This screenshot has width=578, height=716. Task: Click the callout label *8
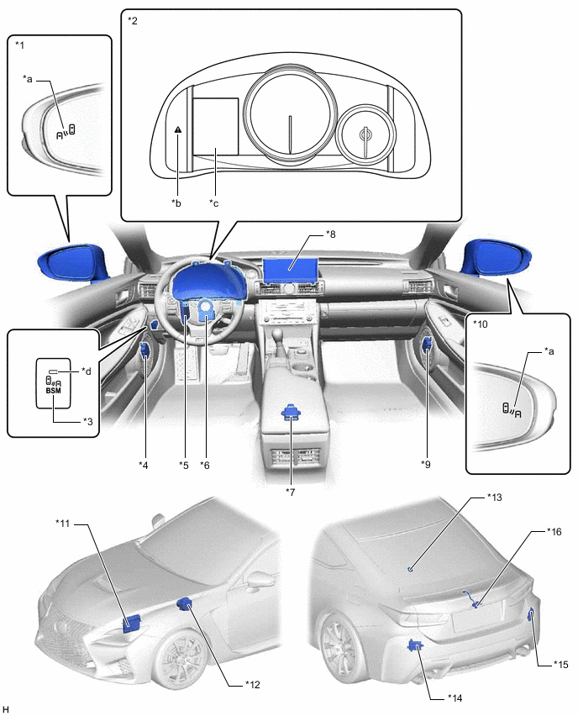[330, 234]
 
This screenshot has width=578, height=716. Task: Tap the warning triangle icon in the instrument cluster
[178, 129]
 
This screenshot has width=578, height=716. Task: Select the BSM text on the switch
[54, 391]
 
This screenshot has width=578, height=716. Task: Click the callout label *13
[494, 497]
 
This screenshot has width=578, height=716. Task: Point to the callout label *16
[554, 531]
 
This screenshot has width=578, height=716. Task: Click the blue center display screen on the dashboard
[291, 270]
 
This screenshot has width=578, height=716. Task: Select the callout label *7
[291, 492]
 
